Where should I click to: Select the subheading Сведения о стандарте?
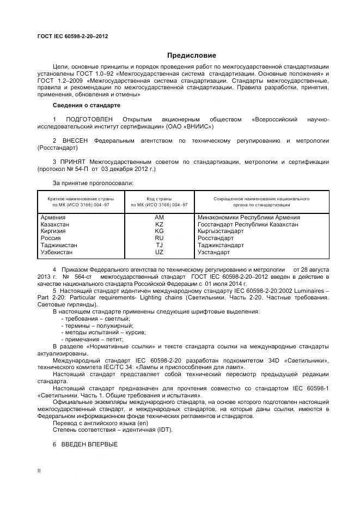tap(86, 105)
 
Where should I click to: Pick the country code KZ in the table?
tap(159, 224)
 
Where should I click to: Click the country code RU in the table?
tap(159, 238)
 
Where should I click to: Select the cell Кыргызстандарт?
tap(221, 231)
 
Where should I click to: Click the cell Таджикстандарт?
tap(221, 245)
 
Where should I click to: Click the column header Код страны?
tap(159, 199)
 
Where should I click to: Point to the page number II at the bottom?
tap(39, 470)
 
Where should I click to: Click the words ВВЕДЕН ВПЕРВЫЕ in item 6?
tap(92, 444)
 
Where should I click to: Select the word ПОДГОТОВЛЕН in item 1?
tap(89, 119)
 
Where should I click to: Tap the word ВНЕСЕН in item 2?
tap(76, 140)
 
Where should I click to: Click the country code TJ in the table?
tap(159, 245)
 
